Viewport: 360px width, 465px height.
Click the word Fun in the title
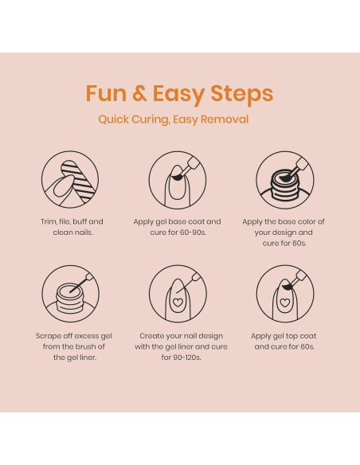106,93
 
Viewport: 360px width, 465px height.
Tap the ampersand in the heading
139,93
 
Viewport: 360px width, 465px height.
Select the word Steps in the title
241,94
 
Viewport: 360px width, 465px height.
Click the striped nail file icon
78,181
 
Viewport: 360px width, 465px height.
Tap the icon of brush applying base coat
178,180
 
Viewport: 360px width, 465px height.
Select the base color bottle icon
284,180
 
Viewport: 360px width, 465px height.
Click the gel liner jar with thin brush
71,294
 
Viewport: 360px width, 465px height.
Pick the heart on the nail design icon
178,303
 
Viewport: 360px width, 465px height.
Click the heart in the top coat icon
285,303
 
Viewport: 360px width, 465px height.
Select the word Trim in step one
49,221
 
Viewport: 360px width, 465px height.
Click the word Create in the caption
151,336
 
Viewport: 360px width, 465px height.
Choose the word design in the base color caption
281,232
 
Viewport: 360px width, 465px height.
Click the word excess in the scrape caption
87,336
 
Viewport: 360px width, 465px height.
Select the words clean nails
72,232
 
